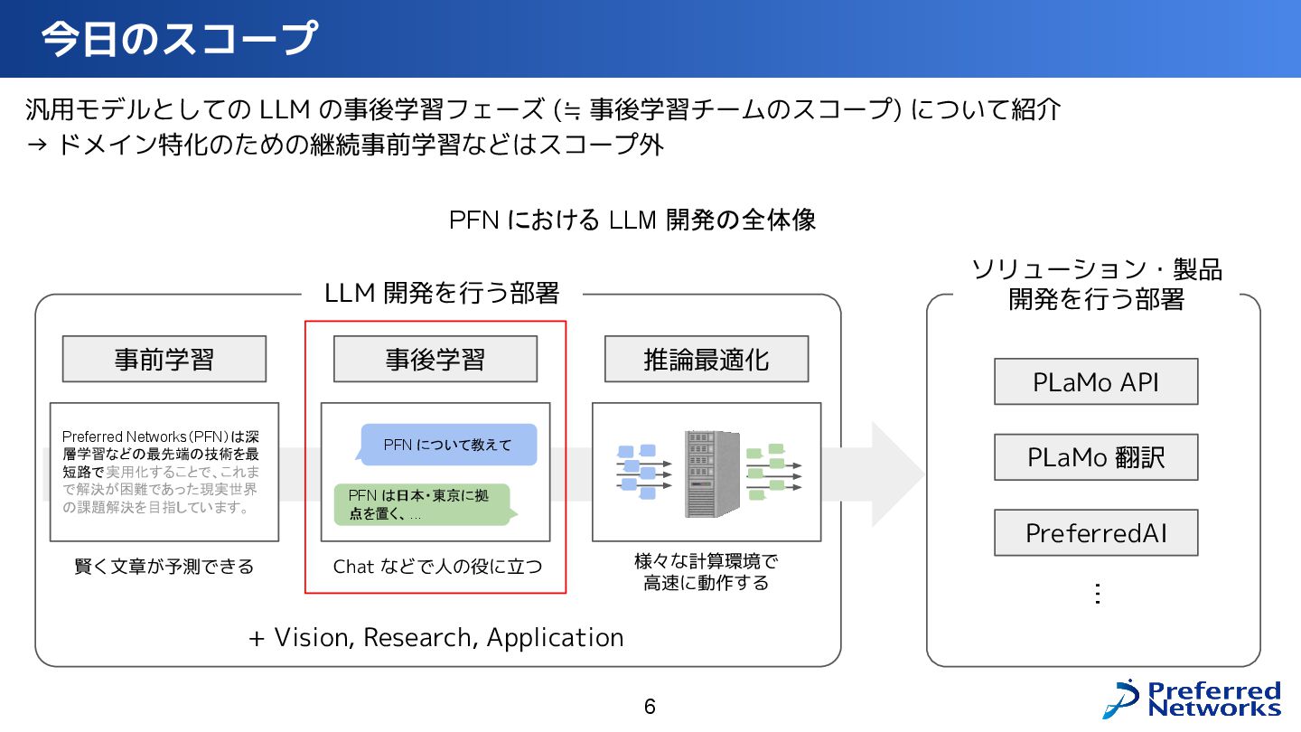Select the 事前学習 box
[164, 360]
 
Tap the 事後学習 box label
[435, 360]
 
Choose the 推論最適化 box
[706, 360]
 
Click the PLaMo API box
[1095, 382]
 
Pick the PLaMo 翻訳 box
[1095, 457]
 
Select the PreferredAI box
[1095, 533]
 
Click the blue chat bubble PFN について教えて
[447, 445]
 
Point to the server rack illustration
[712, 473]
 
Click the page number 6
[650, 707]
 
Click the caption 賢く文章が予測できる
[164, 568]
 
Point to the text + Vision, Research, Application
[436, 638]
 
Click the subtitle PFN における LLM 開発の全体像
[632, 220]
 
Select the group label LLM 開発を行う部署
[442, 294]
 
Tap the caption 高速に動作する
[706, 584]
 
